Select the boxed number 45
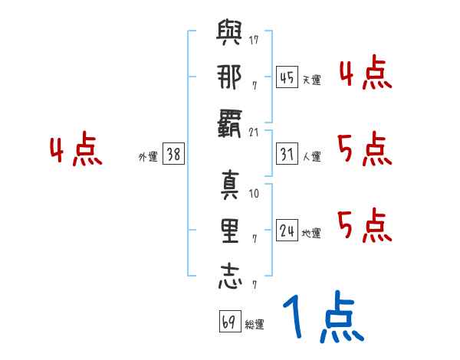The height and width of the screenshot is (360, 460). tap(287, 77)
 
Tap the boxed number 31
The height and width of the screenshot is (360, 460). tap(287, 155)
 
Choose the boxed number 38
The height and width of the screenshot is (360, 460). tap(173, 155)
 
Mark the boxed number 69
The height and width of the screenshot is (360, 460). tap(228, 322)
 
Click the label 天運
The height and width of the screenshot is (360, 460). tap(311, 80)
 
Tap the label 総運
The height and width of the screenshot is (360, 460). tap(255, 324)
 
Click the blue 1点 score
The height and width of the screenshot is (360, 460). tap(322, 318)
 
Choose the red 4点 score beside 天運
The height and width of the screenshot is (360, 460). tap(365, 73)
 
